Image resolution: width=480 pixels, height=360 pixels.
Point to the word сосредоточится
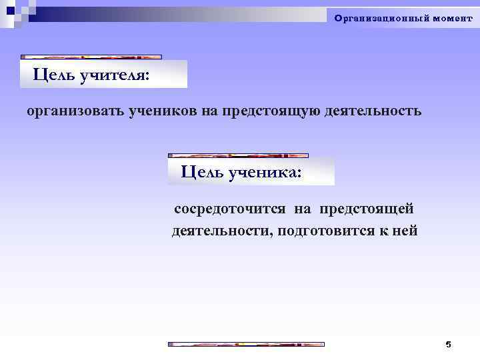point(231,209)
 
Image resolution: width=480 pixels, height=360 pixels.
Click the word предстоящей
point(367,209)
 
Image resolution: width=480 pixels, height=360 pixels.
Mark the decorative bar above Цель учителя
point(91,57)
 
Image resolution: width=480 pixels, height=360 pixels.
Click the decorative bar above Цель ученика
point(251,155)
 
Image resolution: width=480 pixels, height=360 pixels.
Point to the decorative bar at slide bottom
point(246,344)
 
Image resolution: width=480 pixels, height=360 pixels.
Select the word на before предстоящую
point(210,111)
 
